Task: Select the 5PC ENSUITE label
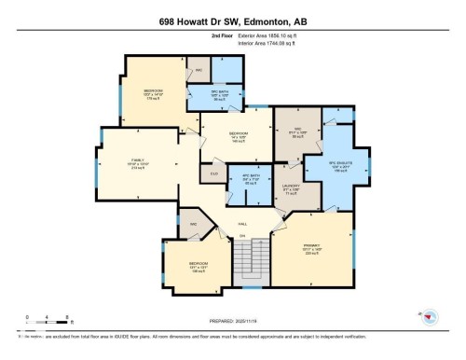(341, 166)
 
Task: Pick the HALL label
(242, 225)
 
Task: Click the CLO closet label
(213, 173)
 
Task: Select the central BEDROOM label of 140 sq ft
(239, 136)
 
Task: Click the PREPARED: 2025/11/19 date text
(232, 317)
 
